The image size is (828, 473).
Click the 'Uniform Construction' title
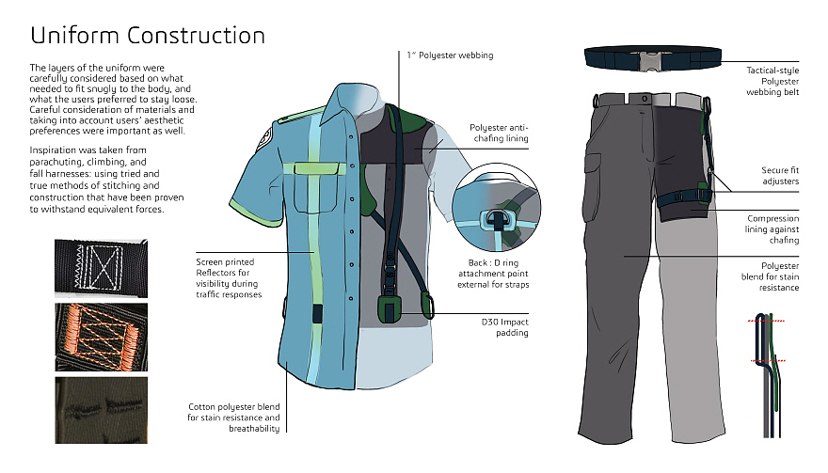coord(148,37)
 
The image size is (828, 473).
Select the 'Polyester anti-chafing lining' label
coord(499,133)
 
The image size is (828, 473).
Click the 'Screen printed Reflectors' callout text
coord(229,277)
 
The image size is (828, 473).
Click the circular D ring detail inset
coord(496,208)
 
